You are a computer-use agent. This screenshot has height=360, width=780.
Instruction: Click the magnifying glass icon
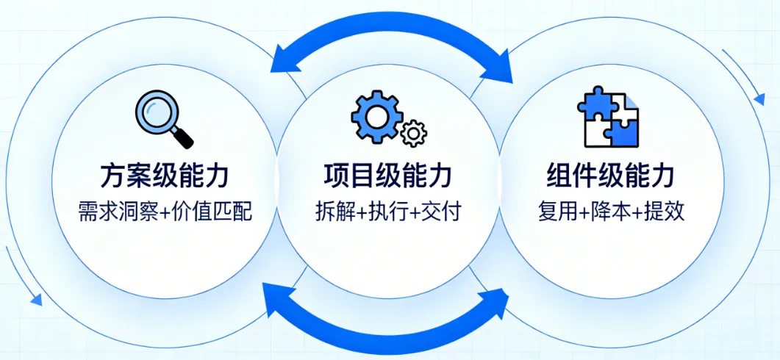164,118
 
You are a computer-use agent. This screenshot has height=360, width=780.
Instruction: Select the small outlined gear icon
415,133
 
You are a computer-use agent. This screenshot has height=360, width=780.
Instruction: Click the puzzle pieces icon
607,118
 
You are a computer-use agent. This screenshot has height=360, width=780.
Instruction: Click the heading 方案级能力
164,176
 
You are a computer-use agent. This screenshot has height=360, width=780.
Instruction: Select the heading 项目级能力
387,176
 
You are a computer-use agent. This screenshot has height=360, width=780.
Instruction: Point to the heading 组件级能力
610,176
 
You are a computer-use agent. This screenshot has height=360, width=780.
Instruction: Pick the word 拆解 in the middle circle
333,212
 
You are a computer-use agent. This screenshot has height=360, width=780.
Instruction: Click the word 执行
387,212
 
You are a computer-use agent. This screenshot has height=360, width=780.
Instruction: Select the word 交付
442,212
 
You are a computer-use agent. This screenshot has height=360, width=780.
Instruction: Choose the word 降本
611,212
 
